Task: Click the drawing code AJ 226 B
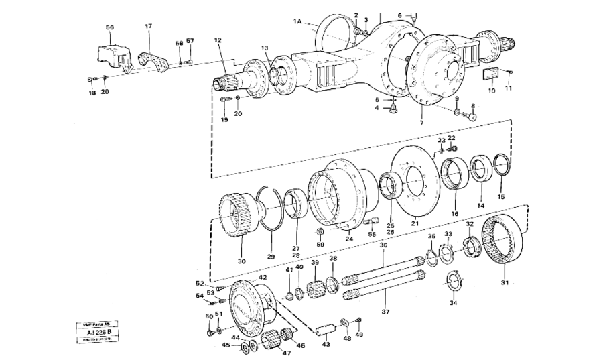(x=98, y=332)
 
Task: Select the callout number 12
(x=217, y=40)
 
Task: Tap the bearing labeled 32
(x=471, y=247)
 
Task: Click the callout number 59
(x=320, y=245)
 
